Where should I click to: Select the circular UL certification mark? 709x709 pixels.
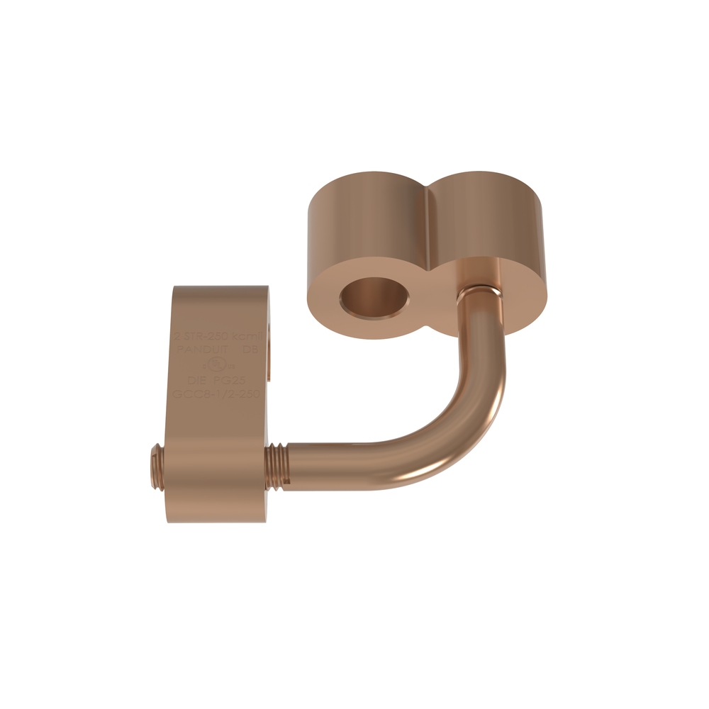pos(217,364)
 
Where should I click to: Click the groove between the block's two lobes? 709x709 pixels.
pos(430,213)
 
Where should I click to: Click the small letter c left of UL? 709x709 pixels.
pos(205,366)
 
